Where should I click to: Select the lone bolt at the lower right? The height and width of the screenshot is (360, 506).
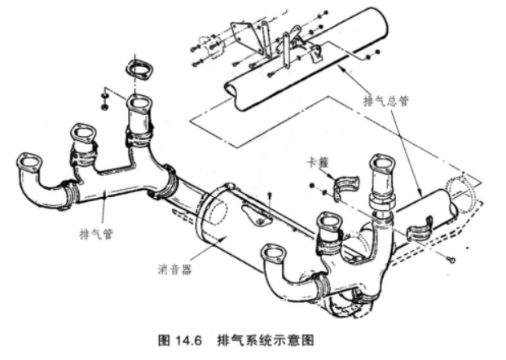[451, 258]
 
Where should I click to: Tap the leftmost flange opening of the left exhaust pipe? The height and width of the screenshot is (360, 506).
[27, 160]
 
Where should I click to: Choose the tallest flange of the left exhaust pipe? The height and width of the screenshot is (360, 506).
[139, 106]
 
